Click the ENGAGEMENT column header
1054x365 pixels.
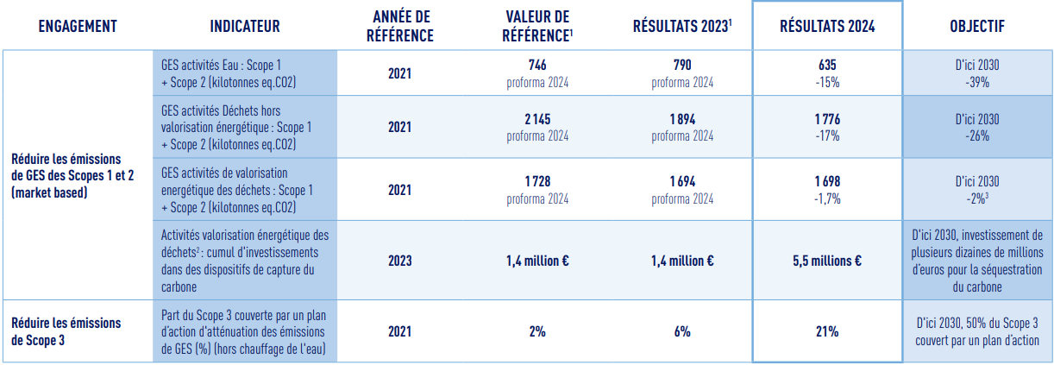pyautogui.click(x=78, y=27)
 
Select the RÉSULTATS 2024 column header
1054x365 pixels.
pyautogui.click(x=827, y=27)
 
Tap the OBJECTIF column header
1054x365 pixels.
pyautogui.click(x=977, y=27)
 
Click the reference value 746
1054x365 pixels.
pyautogui.click(x=537, y=65)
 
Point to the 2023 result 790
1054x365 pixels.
pyautogui.click(x=682, y=65)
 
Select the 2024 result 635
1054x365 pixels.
pyautogui.click(x=827, y=65)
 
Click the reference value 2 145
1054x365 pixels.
pyautogui.click(x=537, y=119)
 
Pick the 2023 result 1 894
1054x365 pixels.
pyautogui.click(x=682, y=119)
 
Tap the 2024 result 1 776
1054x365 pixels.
pyautogui.click(x=827, y=119)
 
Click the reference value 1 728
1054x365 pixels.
pyautogui.click(x=537, y=182)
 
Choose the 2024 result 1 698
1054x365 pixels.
pyautogui.click(x=827, y=182)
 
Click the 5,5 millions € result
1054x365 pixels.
pyautogui.click(x=827, y=260)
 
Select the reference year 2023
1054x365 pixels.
pyautogui.click(x=399, y=260)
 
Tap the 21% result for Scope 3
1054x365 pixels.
pyautogui.click(x=827, y=331)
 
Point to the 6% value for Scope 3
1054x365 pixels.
pyautogui.click(x=682, y=331)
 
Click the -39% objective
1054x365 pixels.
pyautogui.click(x=977, y=83)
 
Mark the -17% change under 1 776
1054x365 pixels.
pyautogui.click(x=827, y=135)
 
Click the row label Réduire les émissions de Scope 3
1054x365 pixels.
pyautogui.click(x=66, y=331)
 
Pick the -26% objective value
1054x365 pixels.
pyautogui.click(x=977, y=135)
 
